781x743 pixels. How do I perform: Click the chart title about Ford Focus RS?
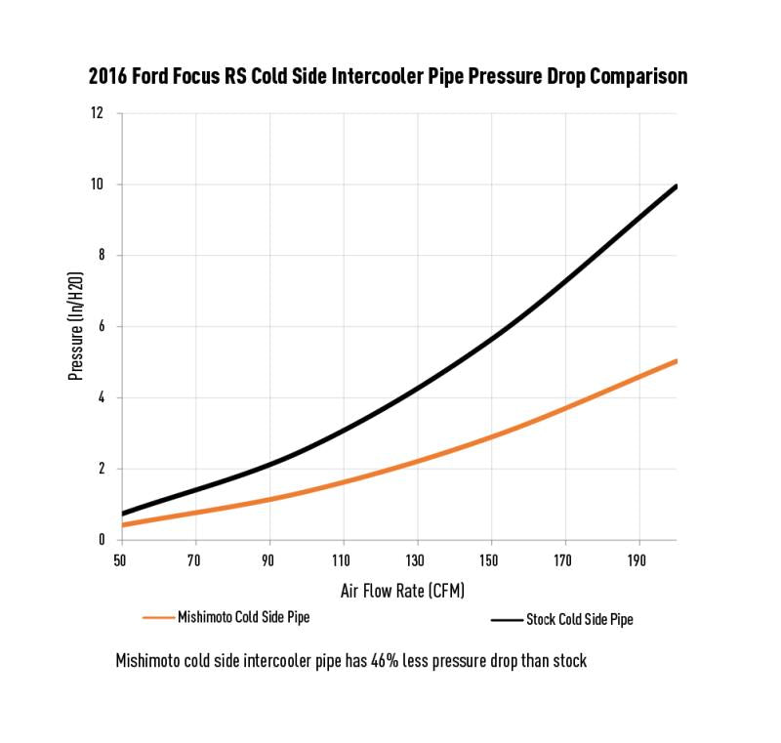click(x=388, y=76)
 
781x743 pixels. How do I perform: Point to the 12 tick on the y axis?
click(x=98, y=113)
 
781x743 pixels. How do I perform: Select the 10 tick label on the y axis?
click(x=98, y=185)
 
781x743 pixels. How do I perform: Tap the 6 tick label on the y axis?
click(x=101, y=327)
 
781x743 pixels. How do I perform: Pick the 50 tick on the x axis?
click(x=120, y=561)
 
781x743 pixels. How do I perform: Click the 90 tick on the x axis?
click(x=268, y=561)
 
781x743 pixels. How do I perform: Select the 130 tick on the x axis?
click(x=417, y=561)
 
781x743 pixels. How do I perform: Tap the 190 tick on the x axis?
click(x=639, y=561)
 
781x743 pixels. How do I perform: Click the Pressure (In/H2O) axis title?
click(x=75, y=327)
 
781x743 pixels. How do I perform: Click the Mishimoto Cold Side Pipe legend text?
click(x=243, y=617)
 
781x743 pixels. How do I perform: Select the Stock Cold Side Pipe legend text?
click(x=580, y=619)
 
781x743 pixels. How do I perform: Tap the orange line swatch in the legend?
click(x=157, y=618)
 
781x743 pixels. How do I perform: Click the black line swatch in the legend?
click(x=506, y=619)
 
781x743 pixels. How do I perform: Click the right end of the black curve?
click(x=676, y=186)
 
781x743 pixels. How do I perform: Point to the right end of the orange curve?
click(x=676, y=361)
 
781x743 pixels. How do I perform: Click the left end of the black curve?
click(x=122, y=514)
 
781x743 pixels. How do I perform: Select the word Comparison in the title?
click(x=635, y=76)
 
